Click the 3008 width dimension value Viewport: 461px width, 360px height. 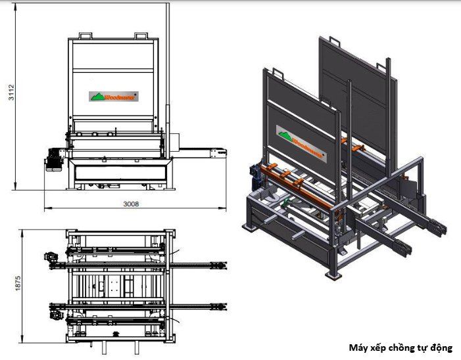[x=132, y=204]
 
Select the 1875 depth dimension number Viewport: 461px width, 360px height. [x=18, y=282]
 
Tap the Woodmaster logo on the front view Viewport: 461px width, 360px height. [x=114, y=96]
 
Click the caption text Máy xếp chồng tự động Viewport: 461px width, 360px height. [x=400, y=348]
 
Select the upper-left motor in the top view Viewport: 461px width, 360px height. [x=49, y=257]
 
